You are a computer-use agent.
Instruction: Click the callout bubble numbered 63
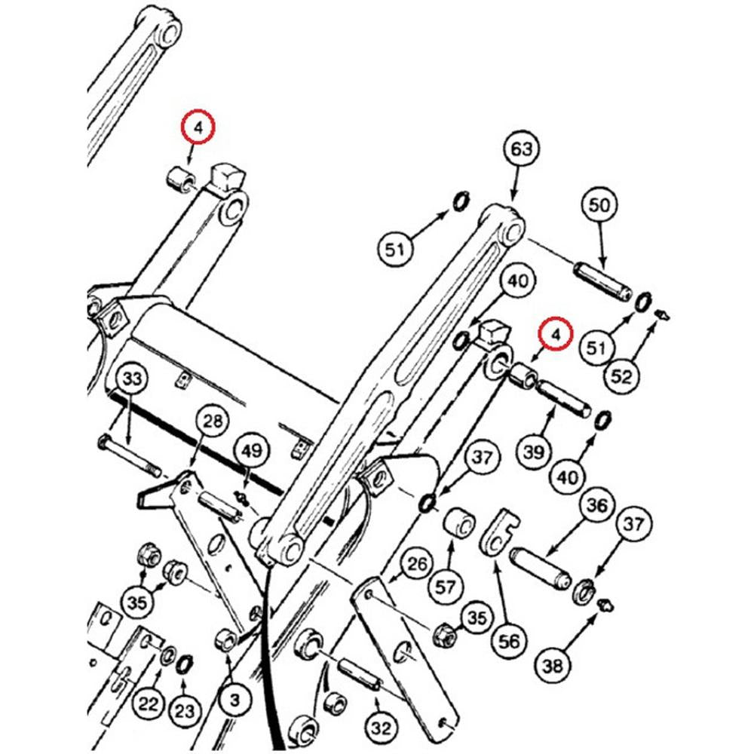(522, 150)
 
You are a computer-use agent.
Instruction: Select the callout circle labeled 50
(602, 204)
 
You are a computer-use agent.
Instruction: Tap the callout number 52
(621, 375)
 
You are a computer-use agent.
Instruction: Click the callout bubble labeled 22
(148, 704)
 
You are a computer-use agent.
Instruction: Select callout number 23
(185, 710)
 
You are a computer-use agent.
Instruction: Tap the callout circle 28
(213, 421)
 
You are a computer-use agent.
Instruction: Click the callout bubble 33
(132, 380)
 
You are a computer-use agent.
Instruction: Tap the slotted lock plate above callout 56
(496, 533)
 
